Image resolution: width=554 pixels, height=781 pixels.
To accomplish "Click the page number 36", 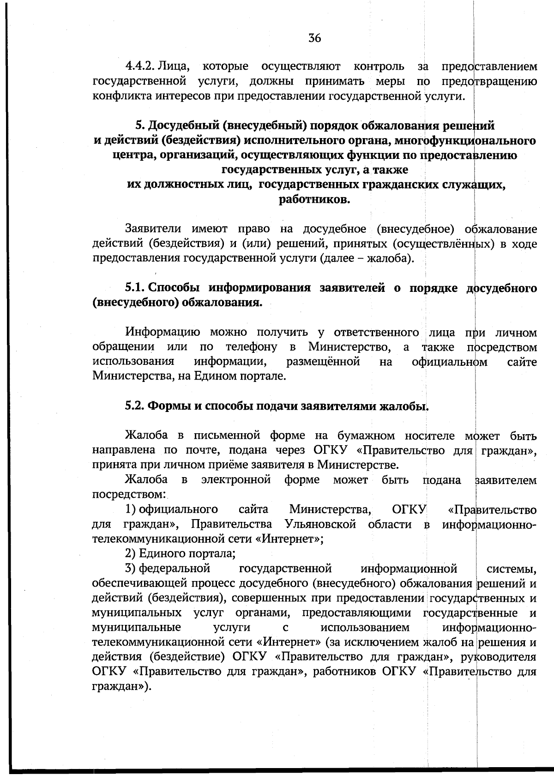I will coord(314,38).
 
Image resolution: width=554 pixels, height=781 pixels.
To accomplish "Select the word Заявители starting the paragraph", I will coord(153,229).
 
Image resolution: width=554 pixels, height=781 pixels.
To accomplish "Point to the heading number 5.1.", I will coord(135,288).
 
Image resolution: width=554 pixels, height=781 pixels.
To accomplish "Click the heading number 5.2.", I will coord(135,406).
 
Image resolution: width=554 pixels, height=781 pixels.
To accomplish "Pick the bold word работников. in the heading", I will coord(314,200).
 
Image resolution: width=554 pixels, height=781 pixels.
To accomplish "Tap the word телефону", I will coord(251,347).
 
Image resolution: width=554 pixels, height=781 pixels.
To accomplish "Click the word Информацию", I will coord(163,333).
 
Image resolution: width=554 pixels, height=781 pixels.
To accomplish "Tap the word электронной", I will coord(236,480).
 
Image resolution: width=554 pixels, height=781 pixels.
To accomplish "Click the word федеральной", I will coord(175,568).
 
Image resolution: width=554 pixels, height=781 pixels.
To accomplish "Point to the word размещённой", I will coord(323,362).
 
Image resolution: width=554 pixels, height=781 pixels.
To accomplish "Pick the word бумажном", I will coord(366,436).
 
